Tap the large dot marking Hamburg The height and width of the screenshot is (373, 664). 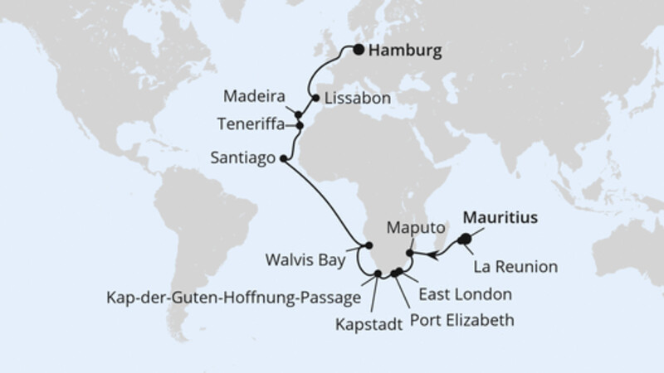click(359, 50)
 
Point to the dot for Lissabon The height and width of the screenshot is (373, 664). click(315, 97)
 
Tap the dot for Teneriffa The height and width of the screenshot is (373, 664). click(300, 127)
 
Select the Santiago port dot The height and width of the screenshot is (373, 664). click(284, 157)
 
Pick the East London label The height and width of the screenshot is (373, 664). click(465, 293)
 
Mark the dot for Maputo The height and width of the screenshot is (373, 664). click(409, 254)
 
